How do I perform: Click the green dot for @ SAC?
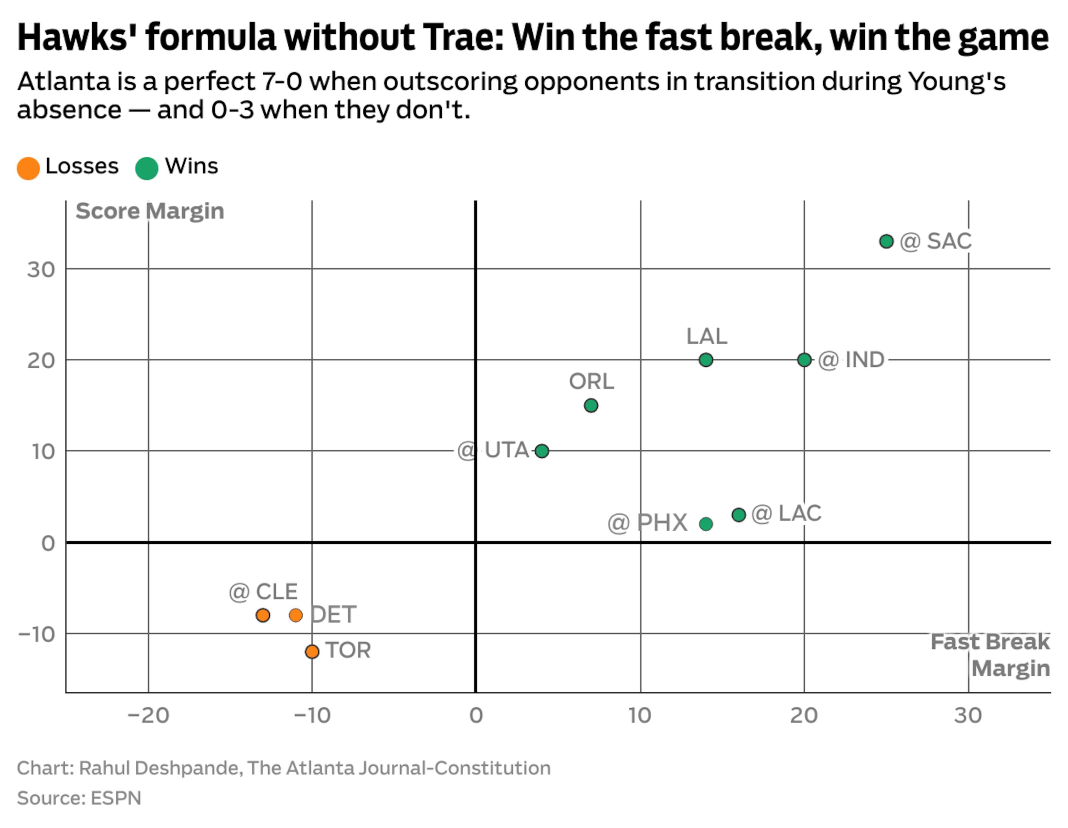(x=886, y=241)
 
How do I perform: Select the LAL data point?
(x=706, y=360)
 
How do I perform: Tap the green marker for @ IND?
(x=804, y=360)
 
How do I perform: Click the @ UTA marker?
(x=541, y=451)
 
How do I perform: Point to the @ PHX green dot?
(x=706, y=524)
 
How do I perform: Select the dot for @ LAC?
(x=738, y=515)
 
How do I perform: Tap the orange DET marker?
(x=295, y=615)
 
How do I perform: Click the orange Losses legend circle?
(x=28, y=168)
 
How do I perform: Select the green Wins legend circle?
(x=147, y=168)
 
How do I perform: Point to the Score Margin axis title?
(x=150, y=211)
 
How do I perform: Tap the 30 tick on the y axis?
(x=41, y=270)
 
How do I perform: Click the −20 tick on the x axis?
(x=148, y=716)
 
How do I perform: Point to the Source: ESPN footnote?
(x=79, y=798)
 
